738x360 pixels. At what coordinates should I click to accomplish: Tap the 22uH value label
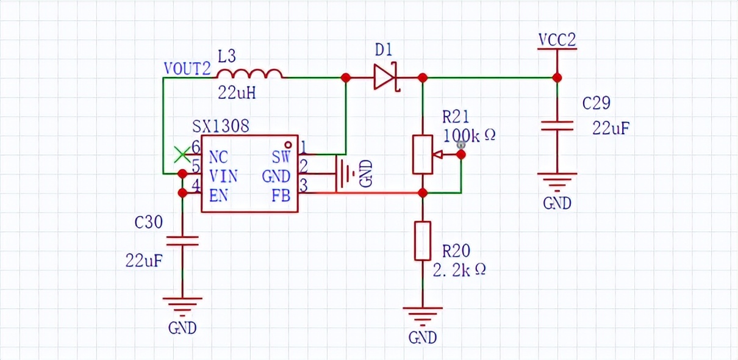coord(237,94)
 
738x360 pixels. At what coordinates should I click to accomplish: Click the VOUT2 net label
coord(187,68)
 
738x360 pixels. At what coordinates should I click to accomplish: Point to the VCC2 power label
coord(557,40)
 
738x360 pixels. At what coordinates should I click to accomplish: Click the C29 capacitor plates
coord(557,126)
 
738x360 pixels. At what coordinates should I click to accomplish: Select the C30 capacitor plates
coord(182,241)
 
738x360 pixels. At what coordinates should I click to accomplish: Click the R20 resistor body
coord(423,240)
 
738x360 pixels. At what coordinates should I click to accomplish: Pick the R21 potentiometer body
coord(423,154)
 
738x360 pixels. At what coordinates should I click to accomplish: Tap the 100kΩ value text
coord(469,135)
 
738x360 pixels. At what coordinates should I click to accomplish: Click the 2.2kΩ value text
coord(459,270)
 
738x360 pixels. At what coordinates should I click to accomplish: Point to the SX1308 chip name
coord(220,126)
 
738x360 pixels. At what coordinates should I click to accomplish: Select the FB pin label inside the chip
coord(281,195)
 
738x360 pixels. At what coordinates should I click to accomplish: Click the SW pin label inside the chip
coord(281,157)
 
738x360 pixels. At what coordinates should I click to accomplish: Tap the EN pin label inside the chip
coord(219,195)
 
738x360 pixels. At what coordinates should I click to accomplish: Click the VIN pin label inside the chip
coord(223,176)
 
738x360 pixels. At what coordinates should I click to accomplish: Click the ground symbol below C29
coord(557,181)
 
